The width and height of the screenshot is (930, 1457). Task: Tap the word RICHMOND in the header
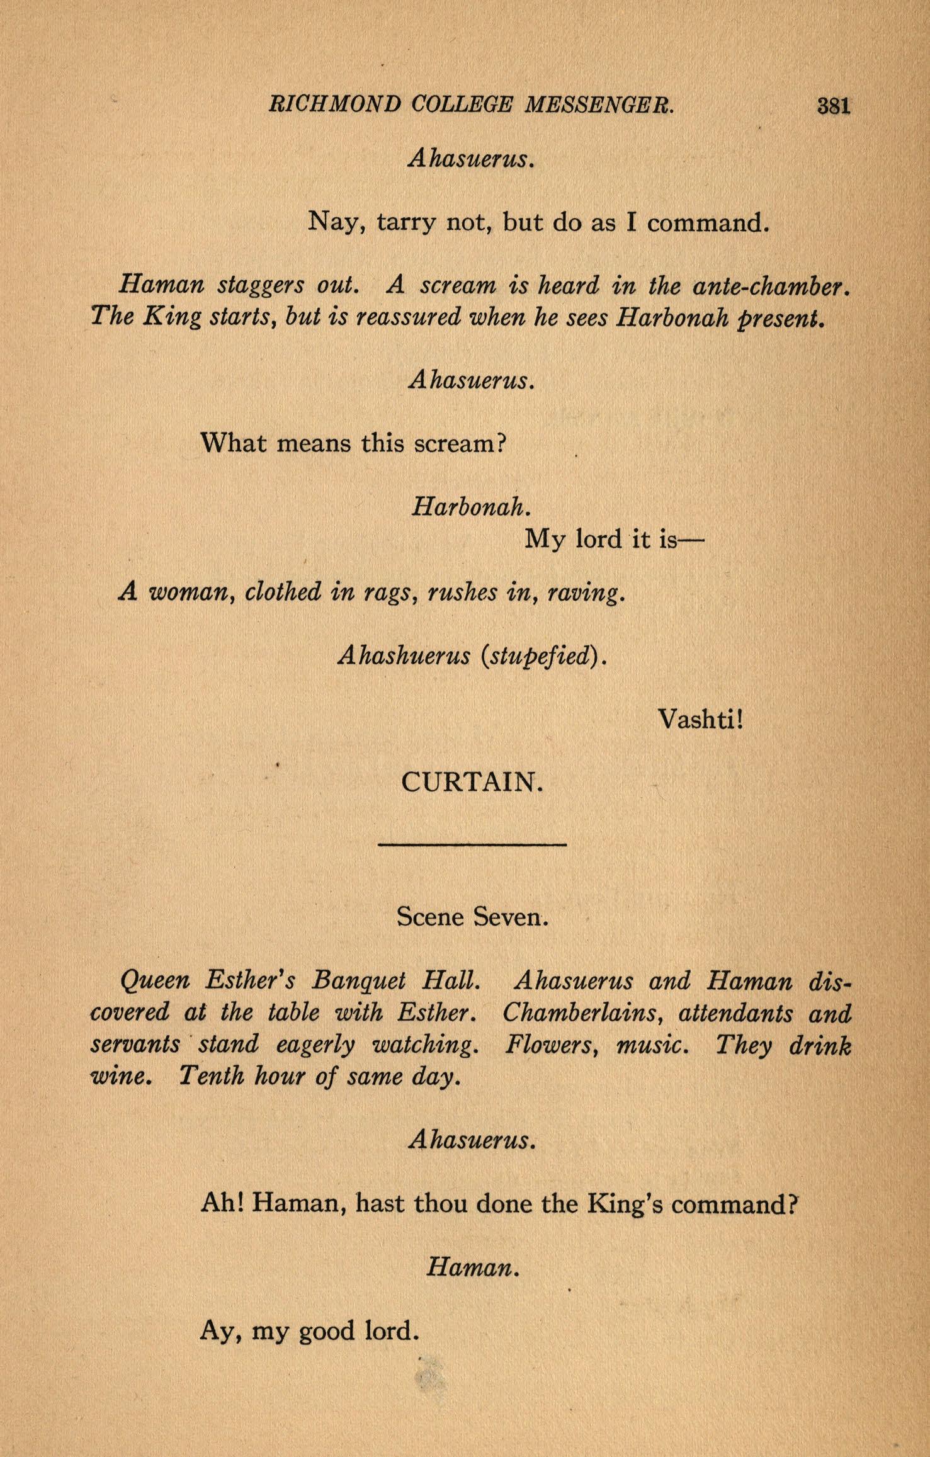[334, 104]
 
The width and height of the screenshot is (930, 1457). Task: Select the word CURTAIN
[471, 783]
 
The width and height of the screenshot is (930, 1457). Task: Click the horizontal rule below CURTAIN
[472, 844]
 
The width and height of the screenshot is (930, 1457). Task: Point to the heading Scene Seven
[472, 917]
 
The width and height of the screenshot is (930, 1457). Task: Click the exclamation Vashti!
[701, 718]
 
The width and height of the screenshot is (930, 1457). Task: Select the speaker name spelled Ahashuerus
[404, 656]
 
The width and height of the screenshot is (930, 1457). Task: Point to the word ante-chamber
[766, 287]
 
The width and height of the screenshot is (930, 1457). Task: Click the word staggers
[260, 287]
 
